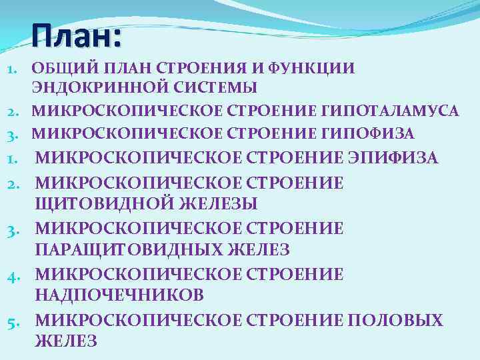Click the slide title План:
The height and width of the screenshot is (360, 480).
[76, 35]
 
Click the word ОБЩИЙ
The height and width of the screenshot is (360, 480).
[57, 68]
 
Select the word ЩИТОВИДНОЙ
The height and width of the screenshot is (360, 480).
[94, 203]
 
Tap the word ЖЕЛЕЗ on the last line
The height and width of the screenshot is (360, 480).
[66, 341]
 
